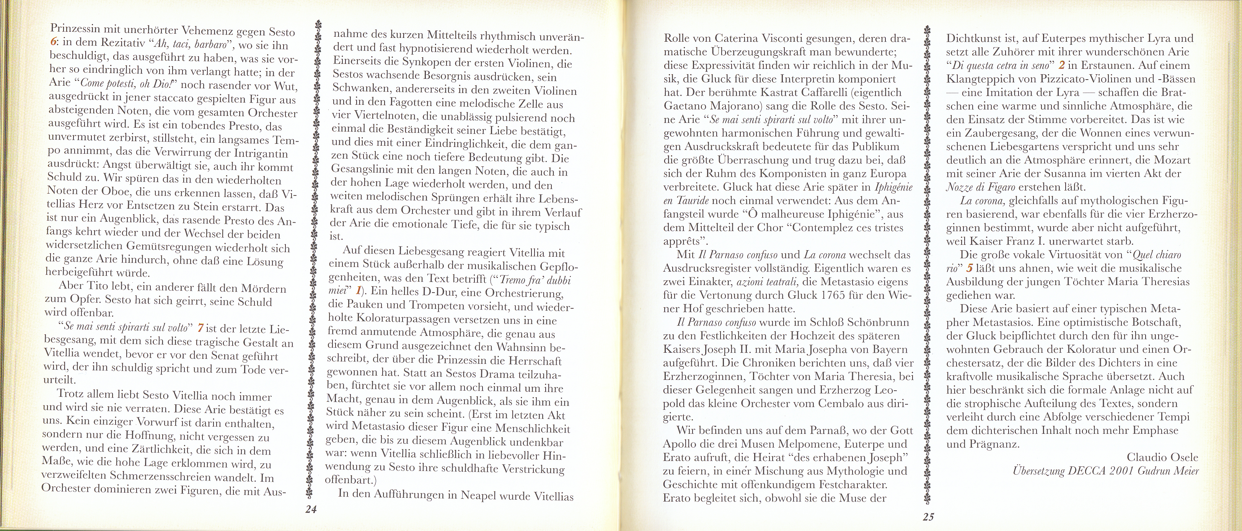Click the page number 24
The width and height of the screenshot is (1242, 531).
tap(311, 509)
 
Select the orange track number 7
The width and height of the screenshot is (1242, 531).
tap(201, 328)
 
